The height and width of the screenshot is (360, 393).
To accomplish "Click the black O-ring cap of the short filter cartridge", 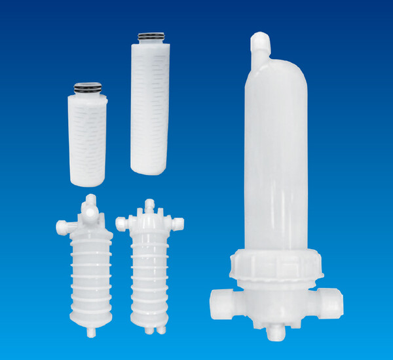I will coord(88,87).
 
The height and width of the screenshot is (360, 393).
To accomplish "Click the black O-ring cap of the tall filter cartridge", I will coord(151,37).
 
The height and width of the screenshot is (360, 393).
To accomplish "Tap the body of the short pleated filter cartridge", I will coord(87,138).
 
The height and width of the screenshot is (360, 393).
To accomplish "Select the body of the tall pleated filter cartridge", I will coord(151,105).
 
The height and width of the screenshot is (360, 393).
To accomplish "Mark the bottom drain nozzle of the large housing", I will coord(275,332).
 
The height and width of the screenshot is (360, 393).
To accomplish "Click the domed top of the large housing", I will coord(275,72).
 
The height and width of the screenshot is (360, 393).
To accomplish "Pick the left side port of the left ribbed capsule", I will coord(62,228).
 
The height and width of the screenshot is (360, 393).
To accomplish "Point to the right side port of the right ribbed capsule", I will coord(177,224).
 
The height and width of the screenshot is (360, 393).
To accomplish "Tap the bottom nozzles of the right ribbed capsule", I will coord(150,329).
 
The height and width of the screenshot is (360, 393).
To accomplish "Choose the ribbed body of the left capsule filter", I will coord(90,275).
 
